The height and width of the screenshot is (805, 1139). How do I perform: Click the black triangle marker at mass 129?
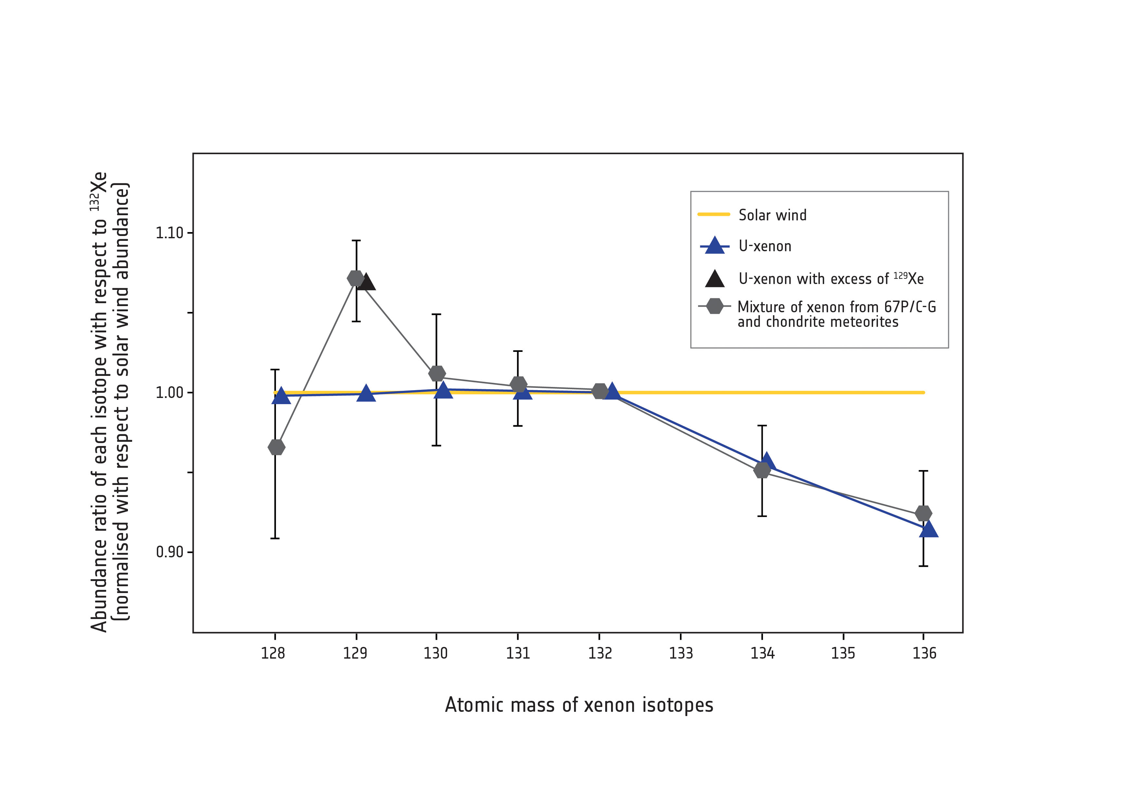click(367, 282)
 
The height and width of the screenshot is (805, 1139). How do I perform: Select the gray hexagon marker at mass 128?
click(276, 447)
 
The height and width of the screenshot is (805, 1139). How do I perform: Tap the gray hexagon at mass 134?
click(762, 470)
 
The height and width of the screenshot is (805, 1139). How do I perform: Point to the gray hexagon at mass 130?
click(437, 373)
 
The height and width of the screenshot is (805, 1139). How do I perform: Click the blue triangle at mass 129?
click(366, 394)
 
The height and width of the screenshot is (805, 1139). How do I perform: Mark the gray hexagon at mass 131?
click(518, 384)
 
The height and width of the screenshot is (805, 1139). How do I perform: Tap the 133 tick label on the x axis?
click(681, 653)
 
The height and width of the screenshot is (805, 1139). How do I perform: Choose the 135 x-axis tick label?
click(843, 653)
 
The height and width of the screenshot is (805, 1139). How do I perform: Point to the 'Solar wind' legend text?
click(772, 215)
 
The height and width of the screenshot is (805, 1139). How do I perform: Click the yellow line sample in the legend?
click(714, 214)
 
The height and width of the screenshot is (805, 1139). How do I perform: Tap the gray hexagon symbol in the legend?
click(714, 306)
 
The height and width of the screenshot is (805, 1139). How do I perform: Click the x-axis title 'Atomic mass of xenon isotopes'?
click(579, 705)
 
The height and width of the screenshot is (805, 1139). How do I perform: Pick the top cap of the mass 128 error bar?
click(275, 369)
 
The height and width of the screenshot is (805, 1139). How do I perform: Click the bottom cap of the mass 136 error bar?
click(923, 566)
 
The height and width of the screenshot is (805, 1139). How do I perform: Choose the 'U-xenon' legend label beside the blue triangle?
click(764, 246)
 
